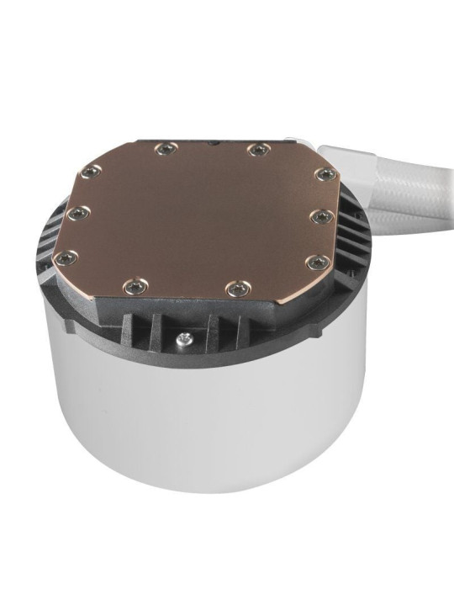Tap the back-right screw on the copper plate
click(256, 150)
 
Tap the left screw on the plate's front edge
click(134, 286)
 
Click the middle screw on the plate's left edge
click(75, 213)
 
